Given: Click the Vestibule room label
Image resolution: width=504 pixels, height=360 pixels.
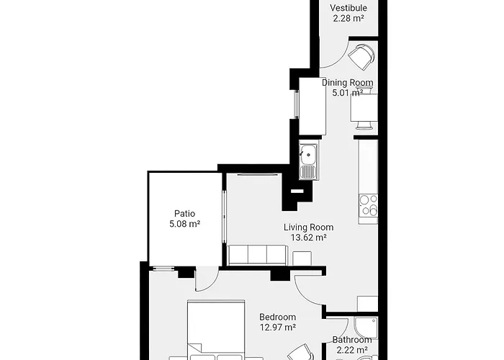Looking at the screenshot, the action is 348,8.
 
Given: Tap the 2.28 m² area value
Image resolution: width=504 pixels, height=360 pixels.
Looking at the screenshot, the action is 348,18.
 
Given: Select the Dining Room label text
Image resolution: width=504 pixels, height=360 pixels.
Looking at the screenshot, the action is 348,83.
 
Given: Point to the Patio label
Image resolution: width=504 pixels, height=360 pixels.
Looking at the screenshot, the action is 184,213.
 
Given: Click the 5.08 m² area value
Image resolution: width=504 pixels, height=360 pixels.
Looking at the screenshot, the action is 185,224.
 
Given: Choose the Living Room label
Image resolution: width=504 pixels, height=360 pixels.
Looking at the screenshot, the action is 309,228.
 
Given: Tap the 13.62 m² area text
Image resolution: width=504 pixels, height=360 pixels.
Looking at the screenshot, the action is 309,238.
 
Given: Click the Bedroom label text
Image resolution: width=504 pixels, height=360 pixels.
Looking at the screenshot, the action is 278,317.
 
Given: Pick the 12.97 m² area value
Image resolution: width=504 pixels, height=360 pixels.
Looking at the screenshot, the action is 278,327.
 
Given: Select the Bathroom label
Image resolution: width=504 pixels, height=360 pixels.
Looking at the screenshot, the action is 352,340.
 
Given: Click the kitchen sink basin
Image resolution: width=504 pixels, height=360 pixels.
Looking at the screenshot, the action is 308,155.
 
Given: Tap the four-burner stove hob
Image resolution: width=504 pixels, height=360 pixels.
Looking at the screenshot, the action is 369,205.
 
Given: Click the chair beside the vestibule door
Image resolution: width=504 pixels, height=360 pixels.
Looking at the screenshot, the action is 361,57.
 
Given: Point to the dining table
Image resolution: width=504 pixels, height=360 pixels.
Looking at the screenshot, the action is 364,107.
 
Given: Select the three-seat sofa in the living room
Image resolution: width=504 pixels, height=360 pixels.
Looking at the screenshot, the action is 258,256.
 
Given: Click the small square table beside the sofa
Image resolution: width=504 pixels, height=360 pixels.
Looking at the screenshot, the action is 302,258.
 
